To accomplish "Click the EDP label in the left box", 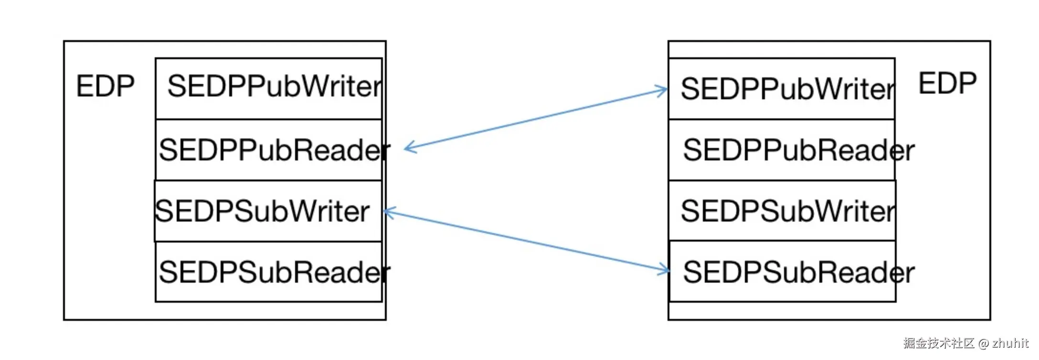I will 105,86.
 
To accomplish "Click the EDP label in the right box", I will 947,84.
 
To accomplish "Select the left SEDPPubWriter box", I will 269,88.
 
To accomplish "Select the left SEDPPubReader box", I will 269,149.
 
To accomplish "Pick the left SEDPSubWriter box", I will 268,211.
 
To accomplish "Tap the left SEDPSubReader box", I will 269,272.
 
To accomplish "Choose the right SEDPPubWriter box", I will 782,89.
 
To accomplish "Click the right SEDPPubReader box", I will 782,150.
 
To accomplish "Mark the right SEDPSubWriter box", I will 782,211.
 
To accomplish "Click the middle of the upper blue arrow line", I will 536,119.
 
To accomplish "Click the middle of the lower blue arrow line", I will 527,241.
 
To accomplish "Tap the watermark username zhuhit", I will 1010,343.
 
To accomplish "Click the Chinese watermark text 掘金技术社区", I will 939,343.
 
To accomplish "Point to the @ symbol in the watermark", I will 983,343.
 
